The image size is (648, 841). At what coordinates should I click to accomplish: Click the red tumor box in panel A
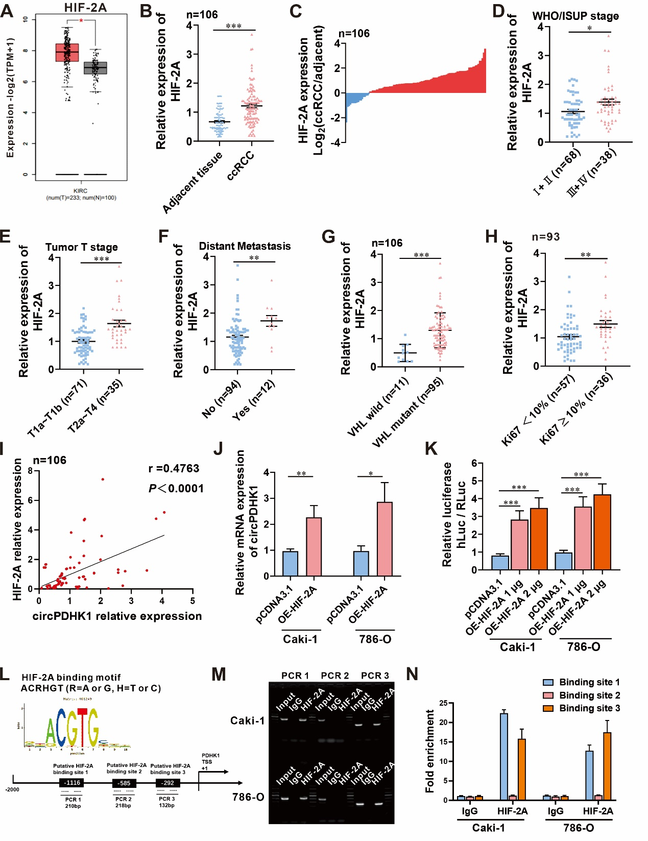[x=67, y=53]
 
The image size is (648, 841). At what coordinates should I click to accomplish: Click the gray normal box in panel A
[x=95, y=68]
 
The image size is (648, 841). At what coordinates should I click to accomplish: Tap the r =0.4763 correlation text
[x=174, y=469]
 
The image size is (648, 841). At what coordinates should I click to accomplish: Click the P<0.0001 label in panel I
[x=176, y=489]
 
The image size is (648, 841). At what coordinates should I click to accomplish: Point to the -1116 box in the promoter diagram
[x=73, y=783]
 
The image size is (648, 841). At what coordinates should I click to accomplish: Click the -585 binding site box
[x=125, y=783]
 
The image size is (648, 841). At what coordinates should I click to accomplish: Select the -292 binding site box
[x=168, y=783]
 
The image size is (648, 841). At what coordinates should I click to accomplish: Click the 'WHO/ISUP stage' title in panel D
[x=575, y=16]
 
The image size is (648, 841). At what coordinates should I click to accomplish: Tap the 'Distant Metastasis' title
[x=245, y=246]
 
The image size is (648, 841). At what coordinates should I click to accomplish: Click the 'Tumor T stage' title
[x=82, y=247]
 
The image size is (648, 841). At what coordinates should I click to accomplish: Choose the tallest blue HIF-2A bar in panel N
[x=504, y=756]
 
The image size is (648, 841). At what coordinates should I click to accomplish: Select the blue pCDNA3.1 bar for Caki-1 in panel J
[x=290, y=564]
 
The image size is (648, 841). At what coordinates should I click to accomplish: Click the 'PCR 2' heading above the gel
[x=334, y=676]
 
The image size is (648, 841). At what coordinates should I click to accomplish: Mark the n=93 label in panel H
[x=545, y=237]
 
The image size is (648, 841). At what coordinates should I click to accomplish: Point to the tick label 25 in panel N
[x=443, y=703]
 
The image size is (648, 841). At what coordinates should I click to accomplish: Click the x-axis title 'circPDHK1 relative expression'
[x=117, y=616]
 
